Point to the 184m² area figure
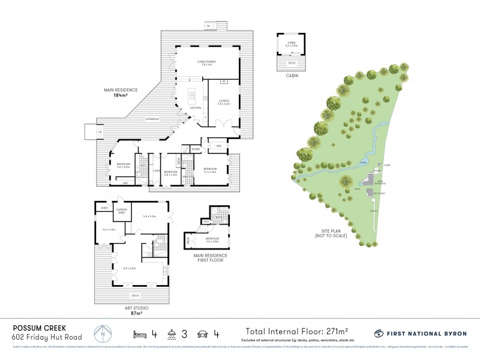click(x=121, y=95)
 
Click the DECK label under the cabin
click(x=292, y=62)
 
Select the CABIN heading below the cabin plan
click(x=292, y=76)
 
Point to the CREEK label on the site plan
click(x=363, y=162)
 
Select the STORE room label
click(x=196, y=148)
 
